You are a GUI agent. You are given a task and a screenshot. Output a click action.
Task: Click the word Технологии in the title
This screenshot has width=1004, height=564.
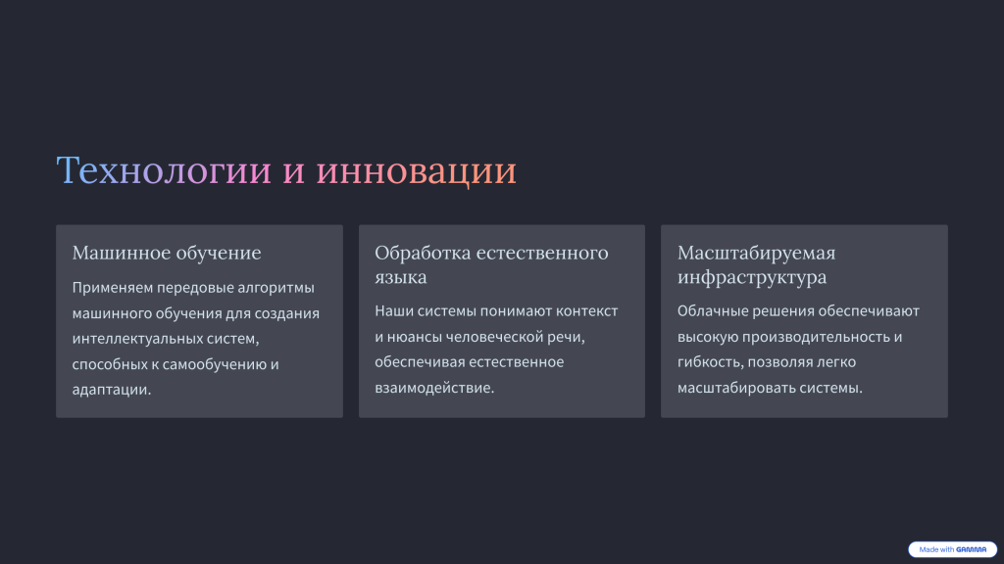pyautogui.click(x=164, y=170)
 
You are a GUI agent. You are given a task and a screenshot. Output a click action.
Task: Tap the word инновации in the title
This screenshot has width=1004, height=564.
pyautogui.click(x=416, y=170)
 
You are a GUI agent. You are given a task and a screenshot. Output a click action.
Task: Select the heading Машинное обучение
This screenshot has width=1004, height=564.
pyautogui.click(x=167, y=253)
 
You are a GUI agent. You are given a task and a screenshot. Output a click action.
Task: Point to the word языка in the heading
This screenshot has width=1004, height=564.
pyautogui.click(x=401, y=277)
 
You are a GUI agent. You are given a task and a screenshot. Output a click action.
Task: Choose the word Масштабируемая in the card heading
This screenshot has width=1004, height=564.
pyautogui.click(x=756, y=254)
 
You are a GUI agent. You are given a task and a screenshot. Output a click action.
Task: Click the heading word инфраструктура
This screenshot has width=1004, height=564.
pyautogui.click(x=752, y=277)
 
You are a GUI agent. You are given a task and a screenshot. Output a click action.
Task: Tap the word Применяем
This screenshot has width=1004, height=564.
pyautogui.click(x=112, y=288)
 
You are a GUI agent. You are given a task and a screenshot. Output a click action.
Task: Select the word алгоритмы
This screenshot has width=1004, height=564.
pyautogui.click(x=276, y=288)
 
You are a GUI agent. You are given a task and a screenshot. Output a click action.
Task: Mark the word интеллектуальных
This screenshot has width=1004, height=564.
pyautogui.click(x=137, y=338)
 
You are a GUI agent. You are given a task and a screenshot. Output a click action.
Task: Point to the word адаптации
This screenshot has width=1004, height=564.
pyautogui.click(x=112, y=390)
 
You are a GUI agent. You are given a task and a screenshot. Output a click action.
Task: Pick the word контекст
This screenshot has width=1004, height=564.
pyautogui.click(x=586, y=310)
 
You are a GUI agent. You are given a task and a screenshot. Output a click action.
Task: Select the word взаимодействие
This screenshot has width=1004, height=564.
pyautogui.click(x=434, y=388)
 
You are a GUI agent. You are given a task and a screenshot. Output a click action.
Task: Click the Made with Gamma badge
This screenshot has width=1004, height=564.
pyautogui.click(x=952, y=549)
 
